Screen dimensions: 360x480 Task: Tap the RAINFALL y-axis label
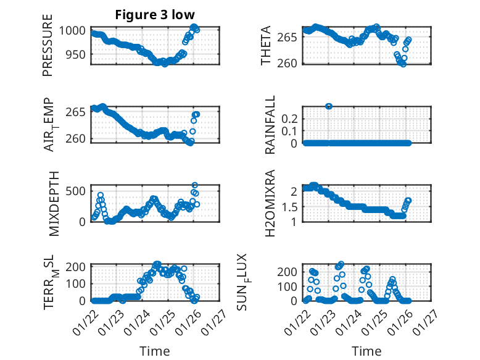pos(270,125)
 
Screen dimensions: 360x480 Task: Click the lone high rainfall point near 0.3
pos(329,106)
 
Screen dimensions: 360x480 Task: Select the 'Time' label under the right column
pos(366,351)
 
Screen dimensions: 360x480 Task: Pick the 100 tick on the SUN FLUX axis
pos(291,286)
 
